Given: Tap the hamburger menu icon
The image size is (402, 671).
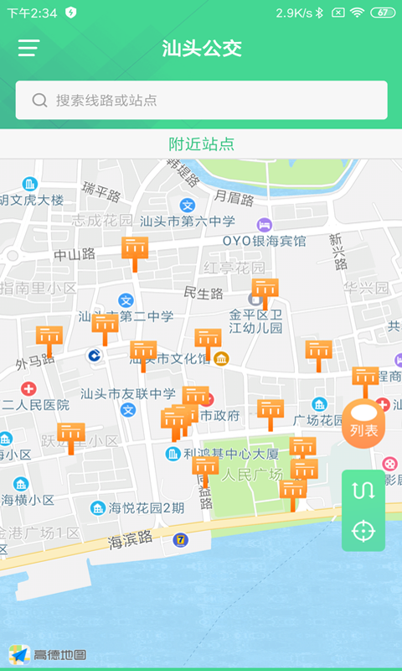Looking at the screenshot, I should pyautogui.click(x=29, y=48).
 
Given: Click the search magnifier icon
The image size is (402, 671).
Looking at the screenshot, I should pyautogui.click(x=39, y=101).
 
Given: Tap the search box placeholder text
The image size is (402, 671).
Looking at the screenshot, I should pyautogui.click(x=106, y=101).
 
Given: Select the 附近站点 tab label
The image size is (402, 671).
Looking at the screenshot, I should pyautogui.click(x=201, y=144).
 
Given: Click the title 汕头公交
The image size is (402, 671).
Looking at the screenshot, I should pyautogui.click(x=201, y=48).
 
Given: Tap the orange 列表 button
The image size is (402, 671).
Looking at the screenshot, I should pyautogui.click(x=363, y=424).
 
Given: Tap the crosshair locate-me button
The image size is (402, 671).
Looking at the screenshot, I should pyautogui.click(x=363, y=530).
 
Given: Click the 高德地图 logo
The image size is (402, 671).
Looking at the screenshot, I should pyautogui.click(x=49, y=653).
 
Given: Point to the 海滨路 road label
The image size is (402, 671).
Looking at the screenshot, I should pyautogui.click(x=130, y=541).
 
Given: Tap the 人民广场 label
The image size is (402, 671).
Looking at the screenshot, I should pyautogui.click(x=251, y=474).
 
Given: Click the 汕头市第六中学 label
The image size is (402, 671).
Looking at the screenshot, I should pyautogui.click(x=188, y=221).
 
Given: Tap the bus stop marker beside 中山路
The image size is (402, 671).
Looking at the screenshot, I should pyautogui.click(x=134, y=251).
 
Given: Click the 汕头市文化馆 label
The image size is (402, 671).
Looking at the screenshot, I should pyautogui.click(x=173, y=359).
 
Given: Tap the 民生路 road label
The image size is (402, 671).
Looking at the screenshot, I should pyautogui.click(x=204, y=294).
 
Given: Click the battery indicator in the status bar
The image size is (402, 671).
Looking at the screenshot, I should pyautogui.click(x=382, y=13).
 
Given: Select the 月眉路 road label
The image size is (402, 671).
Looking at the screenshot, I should pyautogui.click(x=234, y=198).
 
